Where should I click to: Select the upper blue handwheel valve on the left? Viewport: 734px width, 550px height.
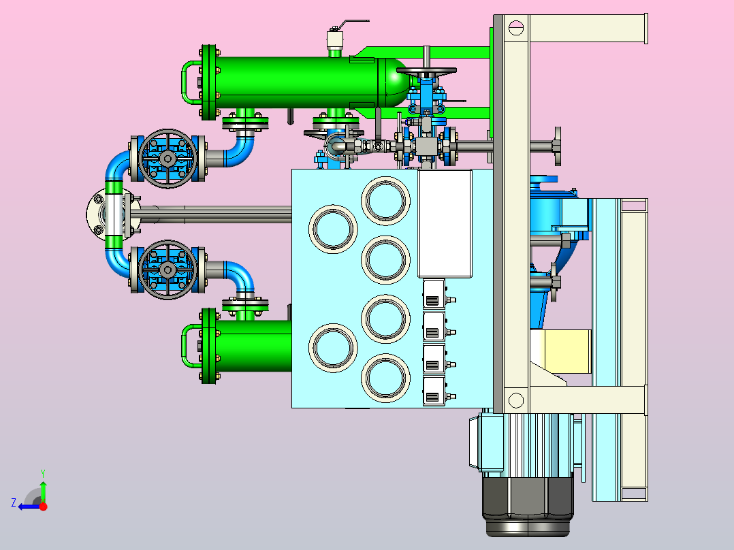tap(167, 159)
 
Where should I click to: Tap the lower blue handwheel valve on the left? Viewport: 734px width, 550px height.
tap(167, 270)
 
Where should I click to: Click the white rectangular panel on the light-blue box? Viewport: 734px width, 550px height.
tap(445, 224)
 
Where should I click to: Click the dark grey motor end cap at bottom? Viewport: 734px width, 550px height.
tap(528, 506)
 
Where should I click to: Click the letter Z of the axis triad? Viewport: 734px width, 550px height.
tap(14, 503)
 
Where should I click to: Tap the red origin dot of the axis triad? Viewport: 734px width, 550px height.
tap(43, 506)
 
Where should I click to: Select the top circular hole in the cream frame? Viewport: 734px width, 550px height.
tap(515, 27)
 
